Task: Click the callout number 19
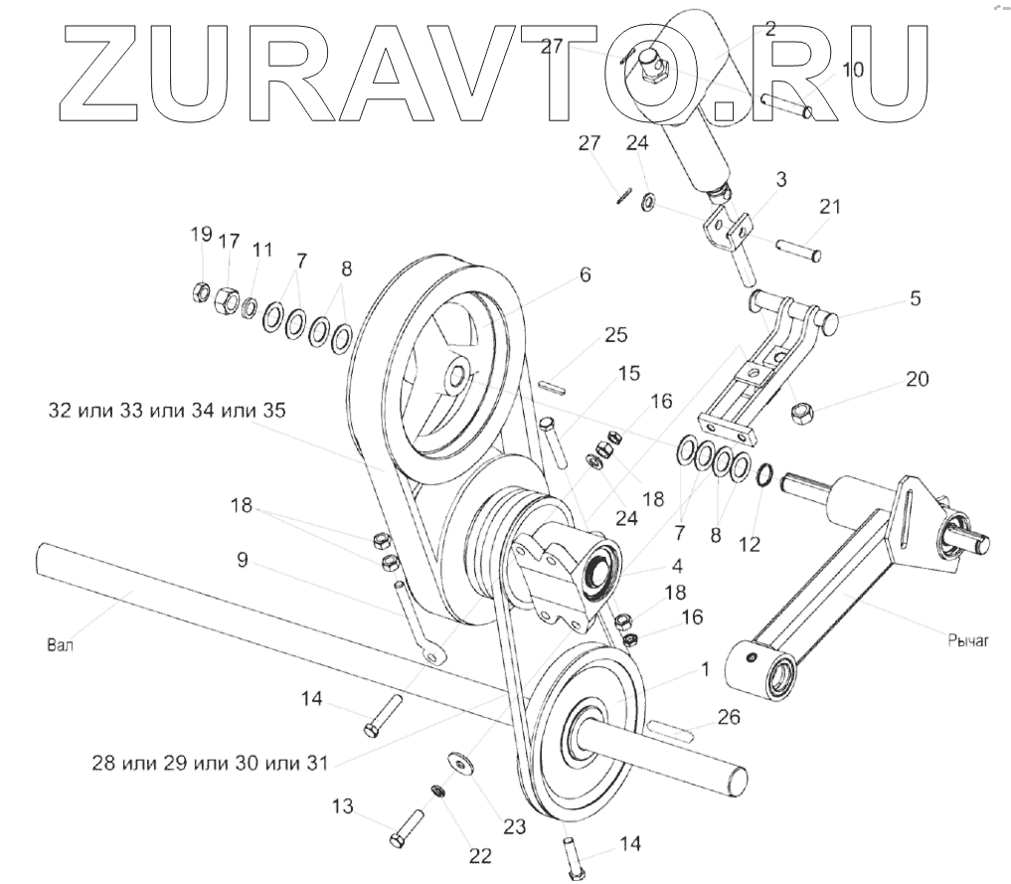click(x=201, y=235)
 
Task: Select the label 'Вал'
click(x=61, y=643)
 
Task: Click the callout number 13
click(x=342, y=806)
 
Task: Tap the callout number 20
click(x=917, y=379)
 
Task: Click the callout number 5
click(x=915, y=297)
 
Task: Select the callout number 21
click(x=830, y=207)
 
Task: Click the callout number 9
click(x=242, y=560)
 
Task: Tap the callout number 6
click(x=586, y=274)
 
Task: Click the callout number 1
click(x=705, y=670)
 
